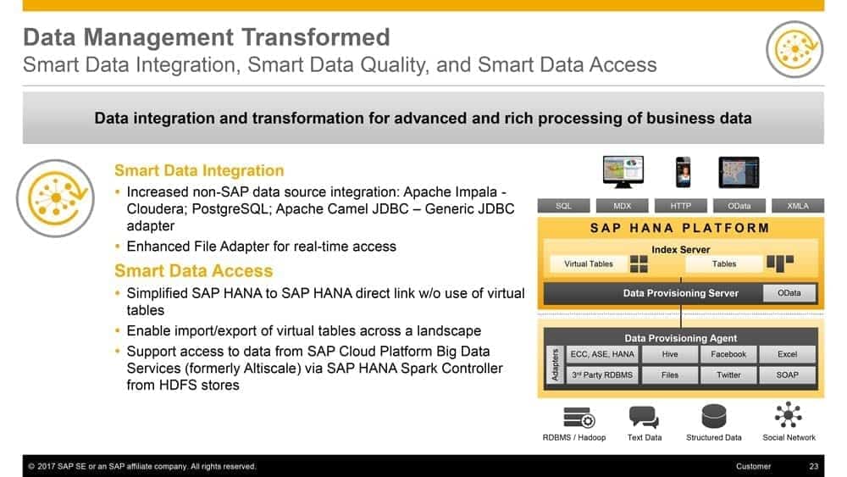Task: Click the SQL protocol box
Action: pyautogui.click(x=563, y=206)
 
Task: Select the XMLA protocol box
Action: pyautogui.click(x=798, y=206)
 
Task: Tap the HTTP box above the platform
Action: pyautogui.click(x=681, y=206)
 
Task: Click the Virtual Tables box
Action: pyautogui.click(x=589, y=263)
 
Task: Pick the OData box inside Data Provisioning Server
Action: pyautogui.click(x=789, y=293)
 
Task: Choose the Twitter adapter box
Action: pyautogui.click(x=728, y=374)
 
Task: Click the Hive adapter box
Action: pyautogui.click(x=670, y=354)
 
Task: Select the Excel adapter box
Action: pyautogui.click(x=787, y=354)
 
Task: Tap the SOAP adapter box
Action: pyautogui.click(x=787, y=374)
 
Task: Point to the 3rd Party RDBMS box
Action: pyautogui.click(x=602, y=374)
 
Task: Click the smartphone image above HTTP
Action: pyautogui.click(x=684, y=172)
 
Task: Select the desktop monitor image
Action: pyautogui.click(x=623, y=172)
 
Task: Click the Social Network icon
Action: pyautogui.click(x=788, y=415)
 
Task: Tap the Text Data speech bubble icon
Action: pyautogui.click(x=644, y=417)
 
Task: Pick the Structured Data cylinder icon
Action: pyautogui.click(x=713, y=417)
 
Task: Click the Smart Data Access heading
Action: pyautogui.click(x=194, y=270)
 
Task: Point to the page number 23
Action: pyautogui.click(x=813, y=466)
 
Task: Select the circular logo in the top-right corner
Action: pyautogui.click(x=794, y=49)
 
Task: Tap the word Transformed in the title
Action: pyautogui.click(x=315, y=37)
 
